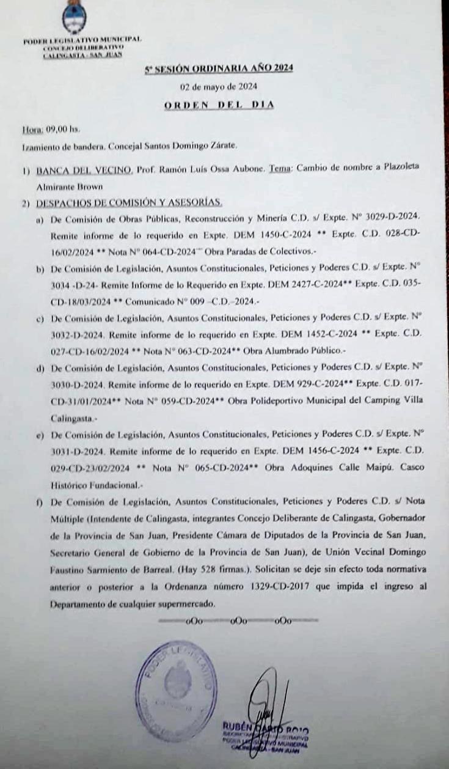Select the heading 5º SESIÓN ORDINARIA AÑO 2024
219,68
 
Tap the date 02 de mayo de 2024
218,86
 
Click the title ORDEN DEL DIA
219,105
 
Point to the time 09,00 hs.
60,130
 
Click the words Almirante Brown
67,186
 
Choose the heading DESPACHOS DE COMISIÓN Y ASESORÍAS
129,202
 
